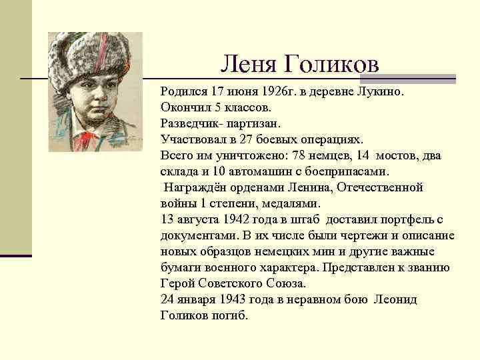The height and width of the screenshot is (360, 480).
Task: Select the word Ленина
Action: pyautogui.click(x=309, y=187)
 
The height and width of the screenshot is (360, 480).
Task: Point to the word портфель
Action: pyautogui.click(x=401, y=219)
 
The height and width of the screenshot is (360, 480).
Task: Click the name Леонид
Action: pyautogui.click(x=395, y=300)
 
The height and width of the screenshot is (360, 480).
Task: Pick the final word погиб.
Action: pyautogui.click(x=227, y=316)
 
